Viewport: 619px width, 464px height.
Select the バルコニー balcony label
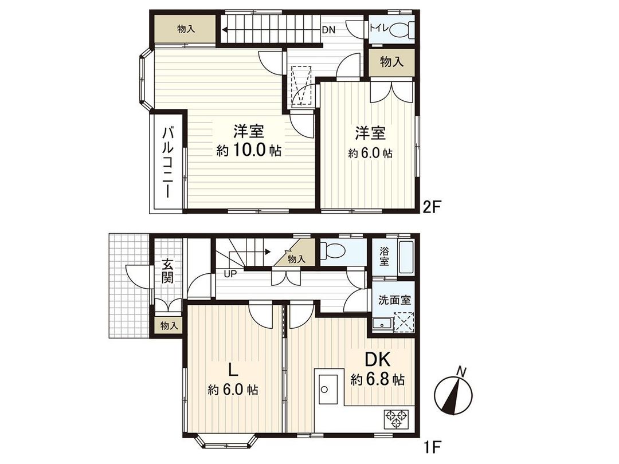click(x=167, y=162)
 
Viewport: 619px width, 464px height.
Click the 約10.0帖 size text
click(x=249, y=151)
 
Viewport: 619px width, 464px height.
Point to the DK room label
click(x=378, y=360)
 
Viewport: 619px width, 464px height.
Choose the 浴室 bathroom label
click(x=383, y=257)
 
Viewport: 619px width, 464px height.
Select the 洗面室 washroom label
click(x=393, y=300)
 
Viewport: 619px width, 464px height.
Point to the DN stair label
click(x=328, y=29)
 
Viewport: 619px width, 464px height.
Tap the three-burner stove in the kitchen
click(x=395, y=418)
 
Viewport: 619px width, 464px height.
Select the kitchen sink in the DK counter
click(x=328, y=390)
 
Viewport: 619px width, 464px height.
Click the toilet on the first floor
click(x=334, y=251)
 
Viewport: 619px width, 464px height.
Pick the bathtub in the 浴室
click(x=405, y=257)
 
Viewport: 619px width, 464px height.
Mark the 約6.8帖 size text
click(x=378, y=379)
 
